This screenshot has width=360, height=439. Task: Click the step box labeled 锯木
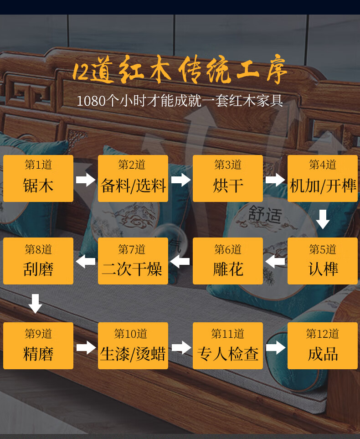click(38, 178)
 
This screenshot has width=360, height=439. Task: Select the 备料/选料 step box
click(133, 178)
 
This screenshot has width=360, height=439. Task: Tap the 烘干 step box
click(228, 178)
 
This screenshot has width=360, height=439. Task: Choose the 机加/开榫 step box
click(323, 178)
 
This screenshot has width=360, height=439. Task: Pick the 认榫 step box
click(323, 261)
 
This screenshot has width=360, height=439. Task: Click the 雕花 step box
click(228, 261)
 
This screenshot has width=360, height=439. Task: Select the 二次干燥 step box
click(133, 261)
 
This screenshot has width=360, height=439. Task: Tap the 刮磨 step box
click(38, 261)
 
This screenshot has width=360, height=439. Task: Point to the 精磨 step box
click(38, 346)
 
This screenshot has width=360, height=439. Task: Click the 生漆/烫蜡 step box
click(133, 346)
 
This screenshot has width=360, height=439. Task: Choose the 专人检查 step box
click(228, 346)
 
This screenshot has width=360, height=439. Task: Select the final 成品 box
click(323, 346)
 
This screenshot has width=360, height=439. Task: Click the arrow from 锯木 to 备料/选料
click(86, 180)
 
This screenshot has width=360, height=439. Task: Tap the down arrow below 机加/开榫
click(323, 219)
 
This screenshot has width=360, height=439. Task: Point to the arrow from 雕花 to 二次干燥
click(180, 262)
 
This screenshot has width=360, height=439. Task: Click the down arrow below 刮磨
click(35, 304)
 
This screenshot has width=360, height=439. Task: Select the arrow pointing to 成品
click(275, 348)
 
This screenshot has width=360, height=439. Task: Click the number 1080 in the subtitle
click(91, 101)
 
